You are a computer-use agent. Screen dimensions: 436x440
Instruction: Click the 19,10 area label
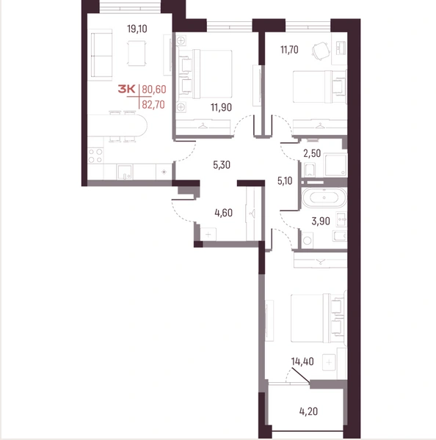[x=137, y=29]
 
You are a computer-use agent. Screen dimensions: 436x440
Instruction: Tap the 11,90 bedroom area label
[x=222, y=107]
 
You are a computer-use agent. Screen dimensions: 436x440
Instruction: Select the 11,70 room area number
[x=289, y=50]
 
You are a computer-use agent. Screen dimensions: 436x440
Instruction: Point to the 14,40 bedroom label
[x=302, y=362]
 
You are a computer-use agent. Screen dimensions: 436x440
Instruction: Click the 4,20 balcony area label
[x=308, y=411]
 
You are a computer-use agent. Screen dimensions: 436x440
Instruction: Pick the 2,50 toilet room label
[x=312, y=153]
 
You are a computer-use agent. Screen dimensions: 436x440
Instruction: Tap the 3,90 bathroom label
[x=321, y=221]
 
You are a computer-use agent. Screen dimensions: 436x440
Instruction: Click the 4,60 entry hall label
[x=224, y=213]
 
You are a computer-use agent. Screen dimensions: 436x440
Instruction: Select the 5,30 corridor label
[x=222, y=165]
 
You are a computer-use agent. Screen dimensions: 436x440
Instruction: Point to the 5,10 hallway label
[x=285, y=180]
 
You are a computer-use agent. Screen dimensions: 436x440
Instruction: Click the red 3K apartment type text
[x=127, y=89]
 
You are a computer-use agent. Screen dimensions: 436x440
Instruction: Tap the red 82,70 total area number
[x=153, y=105]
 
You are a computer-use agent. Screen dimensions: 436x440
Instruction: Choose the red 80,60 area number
[x=154, y=89]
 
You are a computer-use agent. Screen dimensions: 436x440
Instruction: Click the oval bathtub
[x=324, y=197]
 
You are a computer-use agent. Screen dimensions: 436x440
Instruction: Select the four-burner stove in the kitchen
[x=95, y=156]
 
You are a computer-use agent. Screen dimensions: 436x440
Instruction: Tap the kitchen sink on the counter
[x=125, y=172]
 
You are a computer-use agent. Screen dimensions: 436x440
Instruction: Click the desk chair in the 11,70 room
[x=321, y=51]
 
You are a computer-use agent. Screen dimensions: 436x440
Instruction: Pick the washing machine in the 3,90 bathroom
[x=307, y=241]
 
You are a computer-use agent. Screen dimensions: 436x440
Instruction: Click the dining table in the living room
[x=137, y=54]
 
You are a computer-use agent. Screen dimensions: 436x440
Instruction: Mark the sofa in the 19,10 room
[x=102, y=55]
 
